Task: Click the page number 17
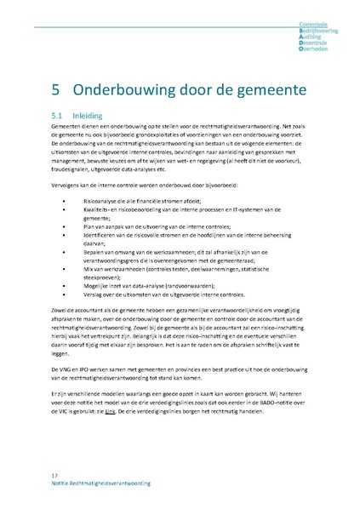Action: pyautogui.click(x=54, y=474)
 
